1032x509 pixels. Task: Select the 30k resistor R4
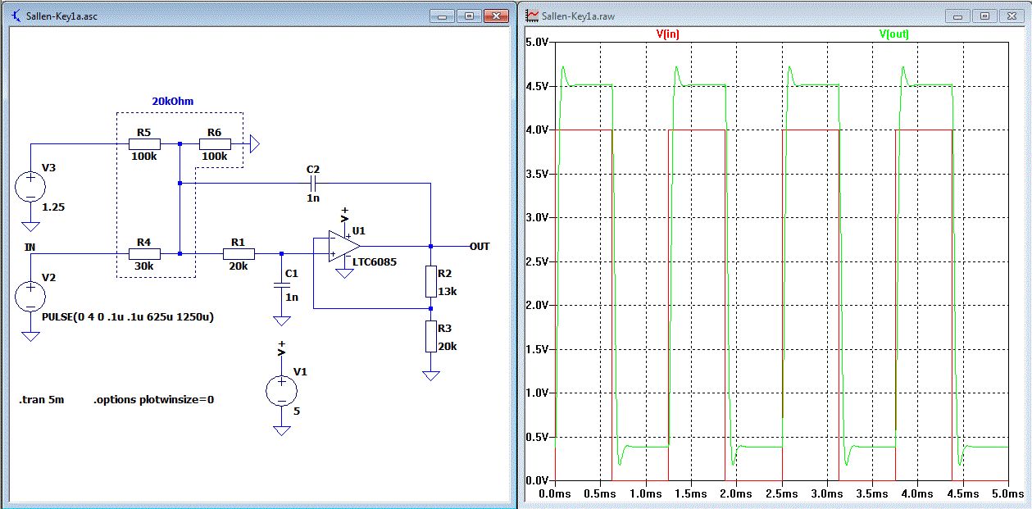pos(143,253)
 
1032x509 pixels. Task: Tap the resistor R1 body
pos(238,253)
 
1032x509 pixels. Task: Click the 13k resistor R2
pos(430,281)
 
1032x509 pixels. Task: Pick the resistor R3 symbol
pos(430,336)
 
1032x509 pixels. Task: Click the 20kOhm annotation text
pos(172,101)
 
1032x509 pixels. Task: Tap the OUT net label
pos(480,246)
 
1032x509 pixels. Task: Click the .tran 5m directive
pos(41,400)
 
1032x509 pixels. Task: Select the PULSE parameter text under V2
pos(127,316)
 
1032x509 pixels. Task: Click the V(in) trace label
pos(668,34)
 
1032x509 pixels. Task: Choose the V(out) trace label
pos(893,34)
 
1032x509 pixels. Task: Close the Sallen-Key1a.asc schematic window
pos(495,16)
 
